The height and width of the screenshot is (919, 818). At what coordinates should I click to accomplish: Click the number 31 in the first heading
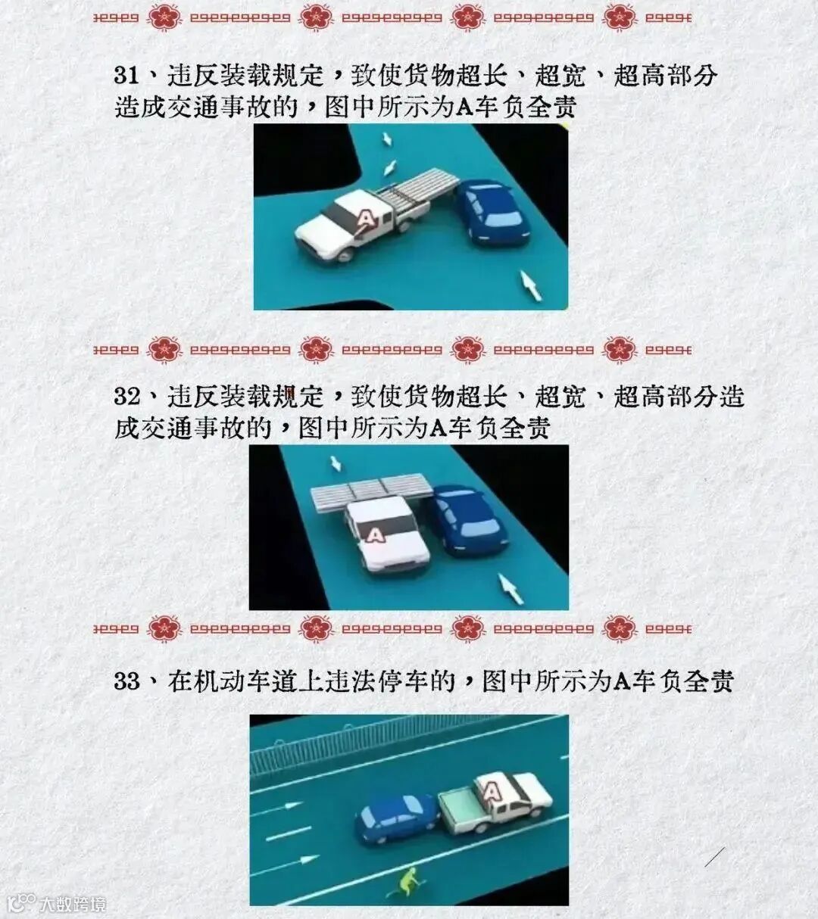tap(126, 75)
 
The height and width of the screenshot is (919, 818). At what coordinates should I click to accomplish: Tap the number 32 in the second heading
tap(126, 397)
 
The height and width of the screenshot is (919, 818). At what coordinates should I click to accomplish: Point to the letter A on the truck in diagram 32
tap(374, 534)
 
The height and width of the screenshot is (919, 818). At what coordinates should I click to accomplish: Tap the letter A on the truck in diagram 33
tap(492, 793)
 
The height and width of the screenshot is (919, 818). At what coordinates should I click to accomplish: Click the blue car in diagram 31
tap(493, 212)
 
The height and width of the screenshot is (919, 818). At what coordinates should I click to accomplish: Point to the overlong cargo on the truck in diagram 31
tap(417, 188)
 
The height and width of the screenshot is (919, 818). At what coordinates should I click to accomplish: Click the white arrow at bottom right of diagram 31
tap(531, 285)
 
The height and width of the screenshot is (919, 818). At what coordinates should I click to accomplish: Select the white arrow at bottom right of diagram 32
tap(511, 589)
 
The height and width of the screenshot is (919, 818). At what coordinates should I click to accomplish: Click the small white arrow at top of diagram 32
tap(336, 463)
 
